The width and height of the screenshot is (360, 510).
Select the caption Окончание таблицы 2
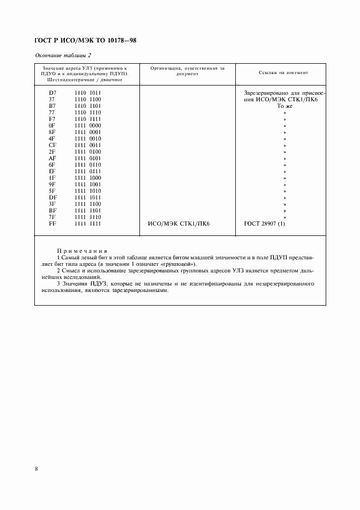click(63, 56)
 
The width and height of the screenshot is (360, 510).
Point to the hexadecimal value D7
click(52, 93)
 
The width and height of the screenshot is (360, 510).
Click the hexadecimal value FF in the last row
click(52, 223)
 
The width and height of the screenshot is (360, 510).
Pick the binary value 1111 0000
click(88, 125)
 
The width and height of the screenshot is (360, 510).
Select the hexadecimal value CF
click(52, 145)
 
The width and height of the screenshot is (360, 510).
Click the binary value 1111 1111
click(88, 223)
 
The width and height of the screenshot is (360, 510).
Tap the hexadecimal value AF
click(52, 158)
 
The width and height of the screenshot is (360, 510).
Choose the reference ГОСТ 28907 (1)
click(265, 223)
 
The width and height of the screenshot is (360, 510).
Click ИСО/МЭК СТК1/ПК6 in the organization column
click(179, 223)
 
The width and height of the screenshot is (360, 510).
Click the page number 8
click(36, 468)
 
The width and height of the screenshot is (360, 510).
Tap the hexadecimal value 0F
click(52, 125)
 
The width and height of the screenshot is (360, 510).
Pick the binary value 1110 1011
click(88, 93)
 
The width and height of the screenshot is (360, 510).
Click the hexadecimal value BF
click(52, 210)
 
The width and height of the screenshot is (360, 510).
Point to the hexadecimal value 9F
click(52, 184)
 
